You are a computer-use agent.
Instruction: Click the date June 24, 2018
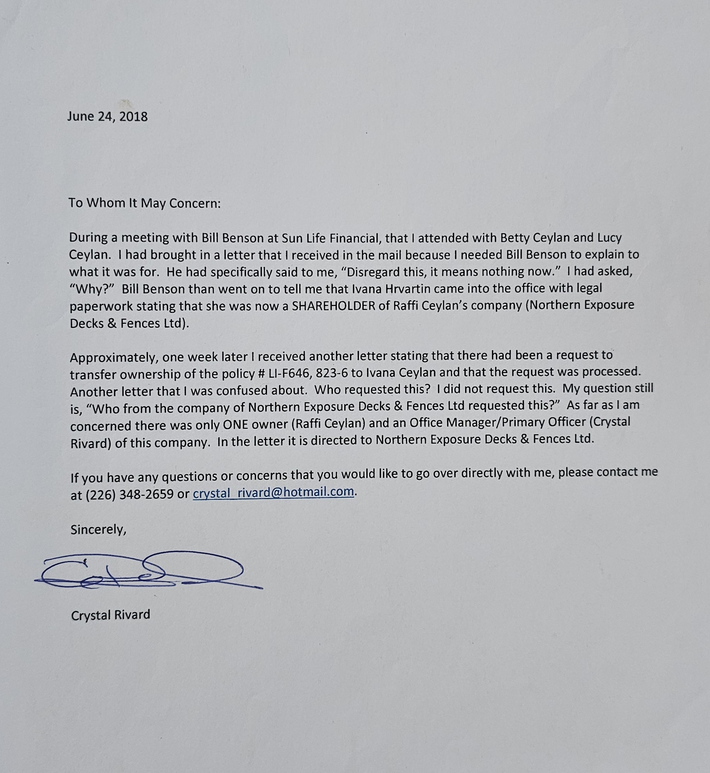[107, 117]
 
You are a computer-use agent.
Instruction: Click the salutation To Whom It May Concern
[144, 203]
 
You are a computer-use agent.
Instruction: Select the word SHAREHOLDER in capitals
[333, 306]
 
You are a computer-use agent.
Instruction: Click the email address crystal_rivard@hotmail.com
[273, 492]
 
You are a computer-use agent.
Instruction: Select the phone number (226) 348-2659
[129, 494]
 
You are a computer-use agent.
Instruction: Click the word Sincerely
[98, 530]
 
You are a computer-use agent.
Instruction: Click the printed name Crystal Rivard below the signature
[111, 615]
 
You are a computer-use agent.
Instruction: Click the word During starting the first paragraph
[88, 238]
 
